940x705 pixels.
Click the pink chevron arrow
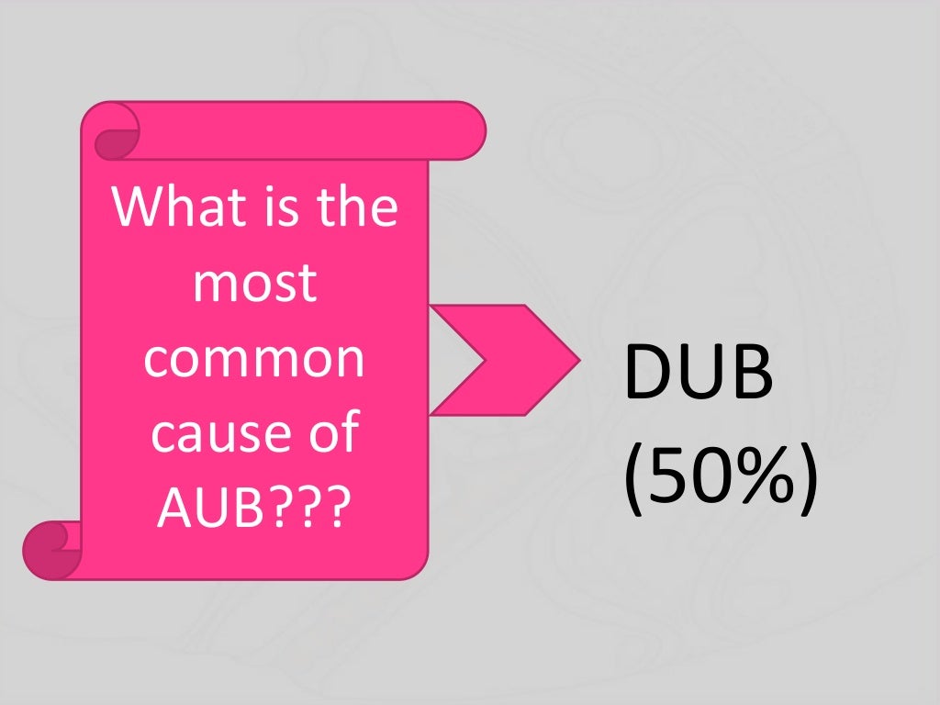point(503,360)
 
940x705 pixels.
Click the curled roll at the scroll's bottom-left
point(50,549)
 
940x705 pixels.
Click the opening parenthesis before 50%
point(634,479)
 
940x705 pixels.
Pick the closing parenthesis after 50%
point(805,479)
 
